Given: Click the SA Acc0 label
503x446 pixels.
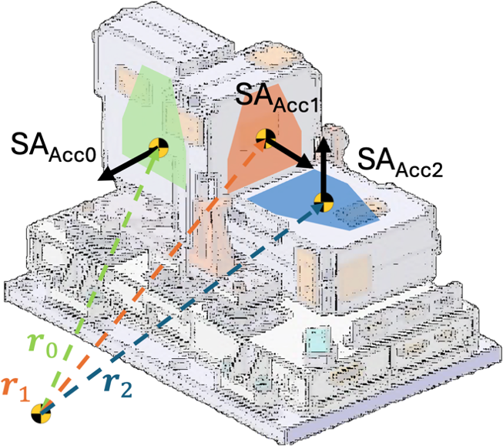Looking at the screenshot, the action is [53, 148].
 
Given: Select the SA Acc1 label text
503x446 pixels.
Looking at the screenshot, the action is [277, 97].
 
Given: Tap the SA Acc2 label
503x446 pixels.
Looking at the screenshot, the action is [400, 163].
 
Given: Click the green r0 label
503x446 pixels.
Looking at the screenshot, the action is [42, 347].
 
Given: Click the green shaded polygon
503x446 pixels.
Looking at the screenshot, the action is [154, 129].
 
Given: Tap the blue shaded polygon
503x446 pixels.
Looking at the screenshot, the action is [314, 200].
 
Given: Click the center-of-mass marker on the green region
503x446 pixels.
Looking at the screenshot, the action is [159, 147].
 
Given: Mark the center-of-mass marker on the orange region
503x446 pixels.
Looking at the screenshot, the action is [266, 138].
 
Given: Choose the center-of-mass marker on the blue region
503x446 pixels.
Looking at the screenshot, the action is [324, 203].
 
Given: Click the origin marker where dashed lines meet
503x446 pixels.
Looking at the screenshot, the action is [42, 414].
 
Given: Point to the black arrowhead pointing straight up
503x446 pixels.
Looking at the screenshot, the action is [324, 144].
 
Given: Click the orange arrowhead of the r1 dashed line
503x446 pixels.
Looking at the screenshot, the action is [261, 145].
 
